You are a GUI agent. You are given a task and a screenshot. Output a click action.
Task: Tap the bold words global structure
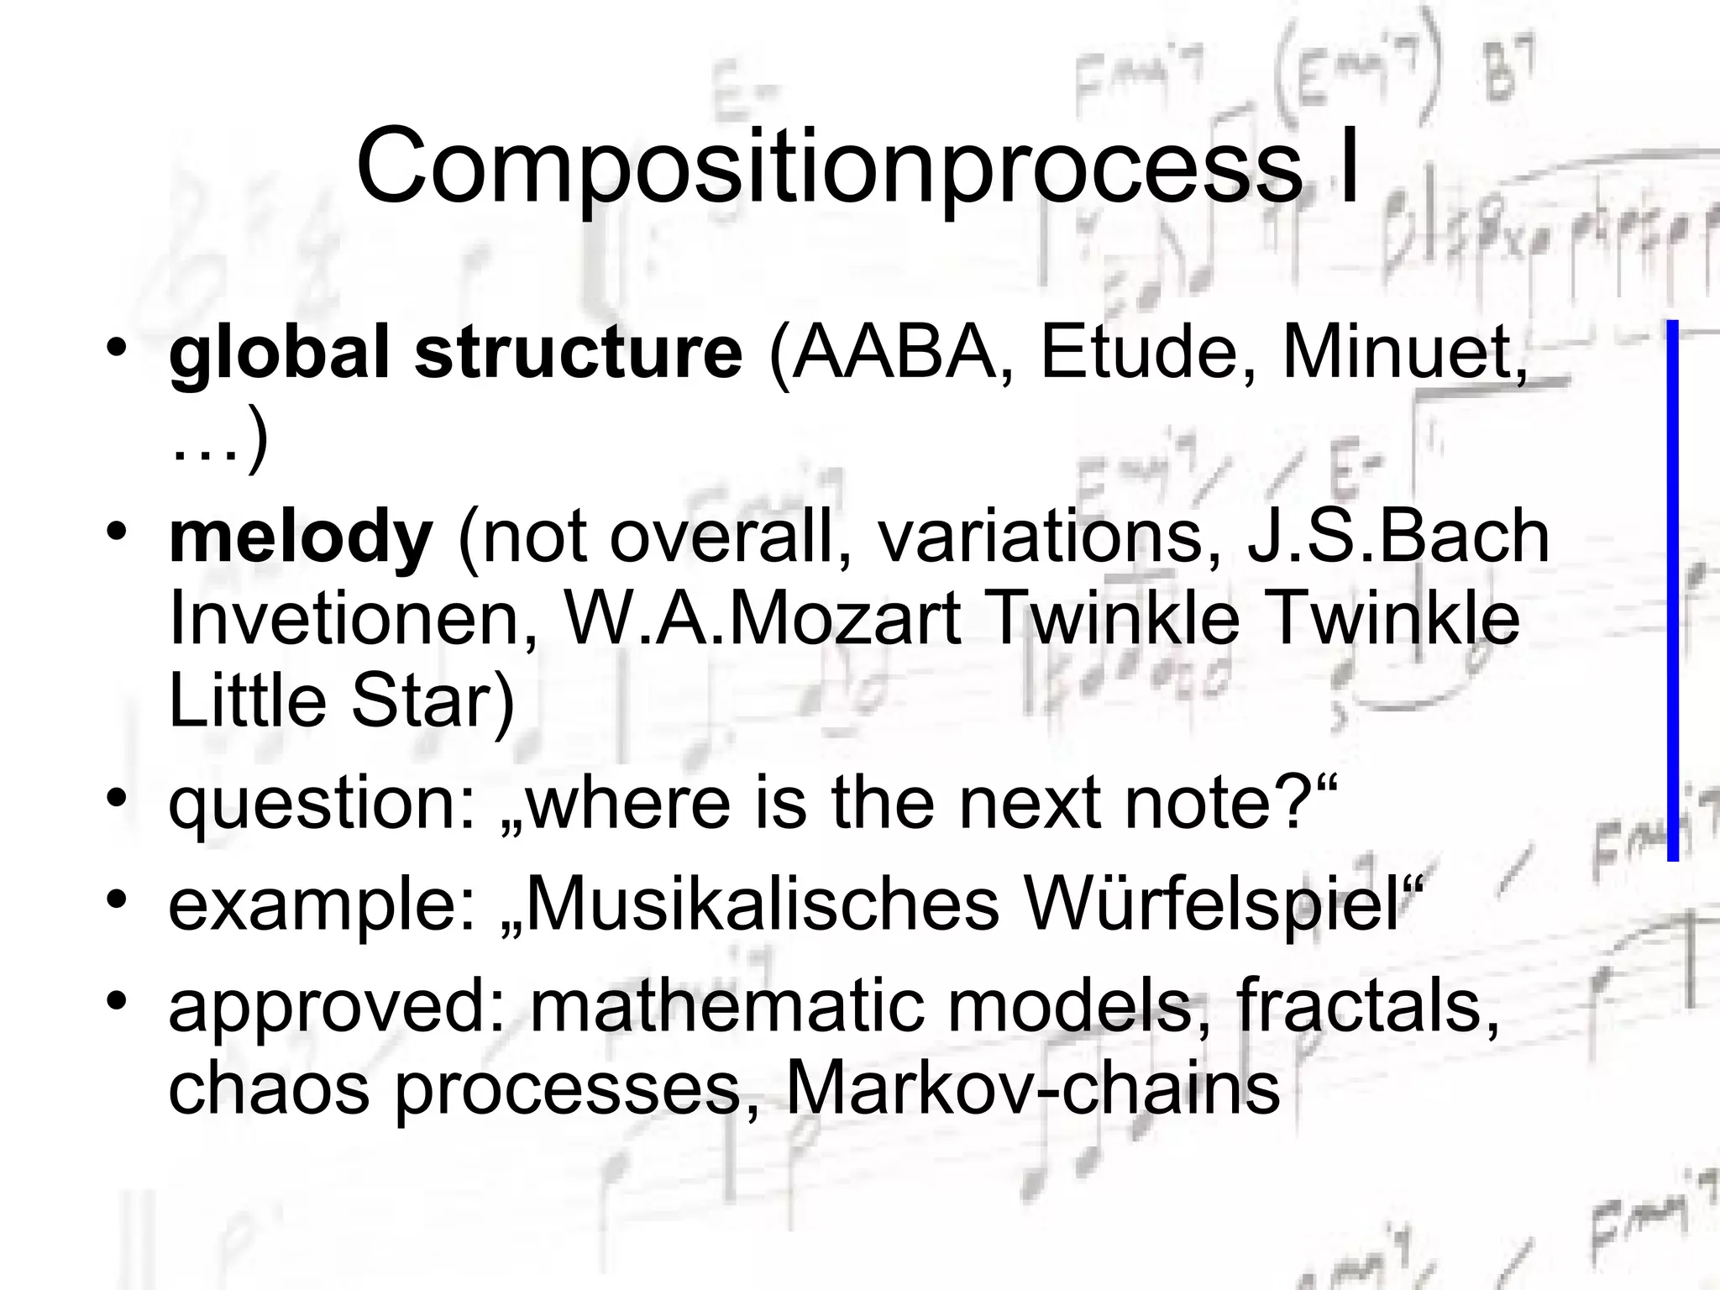click(x=455, y=353)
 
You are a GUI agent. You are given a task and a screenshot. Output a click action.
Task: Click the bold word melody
click(x=300, y=537)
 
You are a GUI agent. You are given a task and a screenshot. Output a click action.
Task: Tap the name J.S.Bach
click(x=1397, y=537)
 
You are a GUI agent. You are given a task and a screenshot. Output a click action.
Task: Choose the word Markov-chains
click(x=1032, y=1088)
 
